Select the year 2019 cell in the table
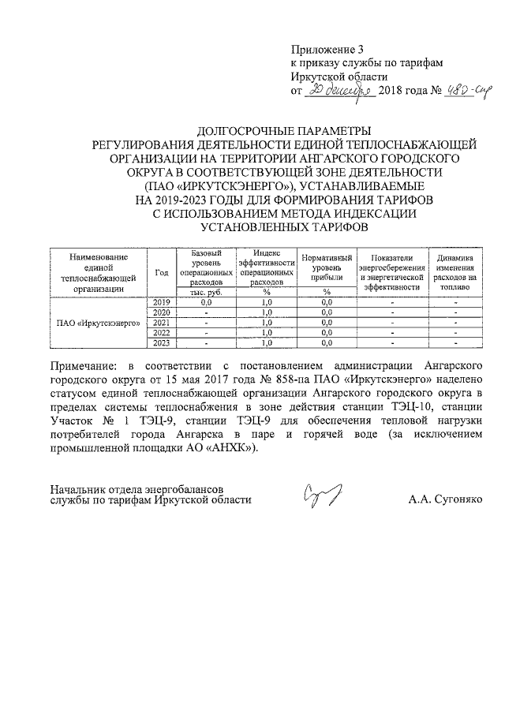pyautogui.click(x=162, y=302)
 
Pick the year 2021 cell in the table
pyautogui.click(x=162, y=323)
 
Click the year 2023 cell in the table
pyautogui.click(x=162, y=342)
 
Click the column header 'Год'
pyautogui.click(x=162, y=272)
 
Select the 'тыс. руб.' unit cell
pyautogui.click(x=207, y=292)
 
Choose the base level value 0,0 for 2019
pyautogui.click(x=207, y=302)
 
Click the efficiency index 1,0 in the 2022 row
pyautogui.click(x=267, y=332)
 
